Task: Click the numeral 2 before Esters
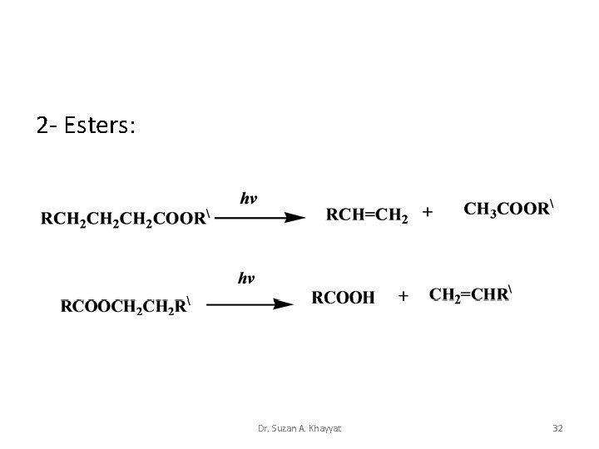click(42, 126)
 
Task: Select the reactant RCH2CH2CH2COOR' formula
click(124, 219)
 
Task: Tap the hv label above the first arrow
click(249, 199)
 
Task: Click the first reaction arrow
click(260, 218)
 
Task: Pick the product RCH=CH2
click(367, 215)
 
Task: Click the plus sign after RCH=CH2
click(428, 214)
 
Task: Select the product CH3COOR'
click(508, 210)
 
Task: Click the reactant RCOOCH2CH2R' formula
click(126, 305)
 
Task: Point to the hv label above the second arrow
click(246, 279)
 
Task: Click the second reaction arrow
click(250, 304)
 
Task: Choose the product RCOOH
click(343, 297)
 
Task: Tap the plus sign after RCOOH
click(403, 296)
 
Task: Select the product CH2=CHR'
click(471, 294)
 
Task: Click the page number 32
click(557, 428)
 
